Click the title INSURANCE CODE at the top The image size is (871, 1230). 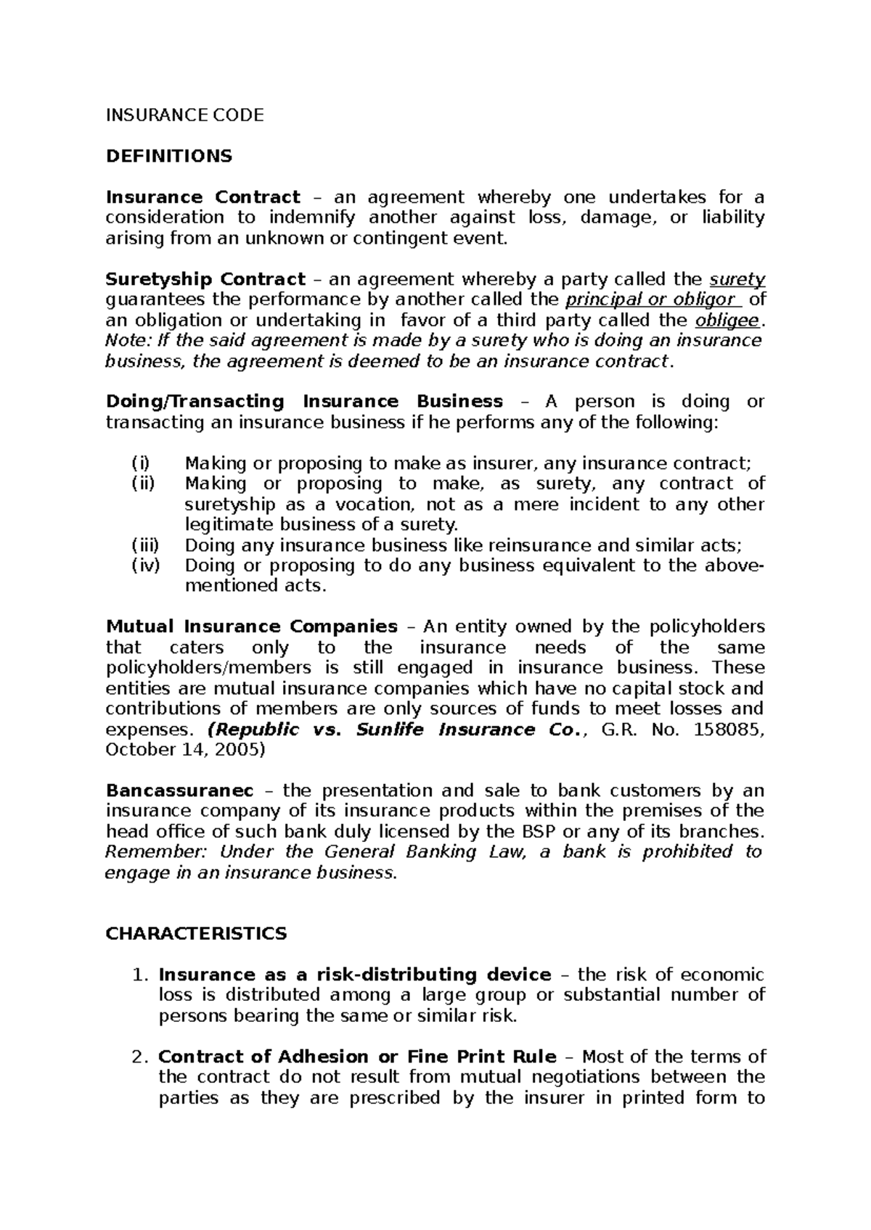tap(184, 115)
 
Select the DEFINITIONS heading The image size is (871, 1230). tap(168, 156)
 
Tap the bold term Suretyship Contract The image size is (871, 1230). tap(205, 279)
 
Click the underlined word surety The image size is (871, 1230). tap(736, 279)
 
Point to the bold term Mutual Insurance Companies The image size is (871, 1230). tap(251, 626)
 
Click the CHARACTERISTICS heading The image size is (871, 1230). tap(196, 933)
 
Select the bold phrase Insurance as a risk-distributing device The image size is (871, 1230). tap(354, 975)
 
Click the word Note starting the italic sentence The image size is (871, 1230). tap(125, 341)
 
